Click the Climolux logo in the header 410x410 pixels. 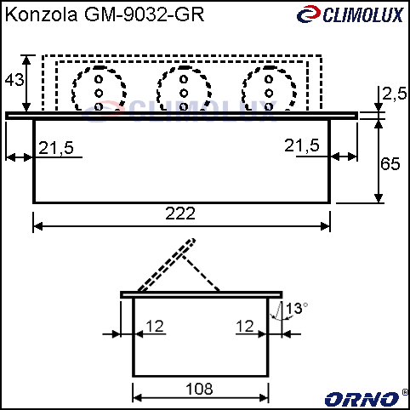tap(350, 14)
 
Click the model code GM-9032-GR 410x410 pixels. tap(145, 14)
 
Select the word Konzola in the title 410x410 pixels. tap(41, 14)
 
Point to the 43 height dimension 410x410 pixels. tap(14, 80)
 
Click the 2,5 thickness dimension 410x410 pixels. tap(395, 94)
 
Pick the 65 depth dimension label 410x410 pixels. tap(390, 163)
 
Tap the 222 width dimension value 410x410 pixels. tap(180, 214)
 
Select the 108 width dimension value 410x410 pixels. tap(199, 389)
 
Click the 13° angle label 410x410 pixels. tap(297, 308)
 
